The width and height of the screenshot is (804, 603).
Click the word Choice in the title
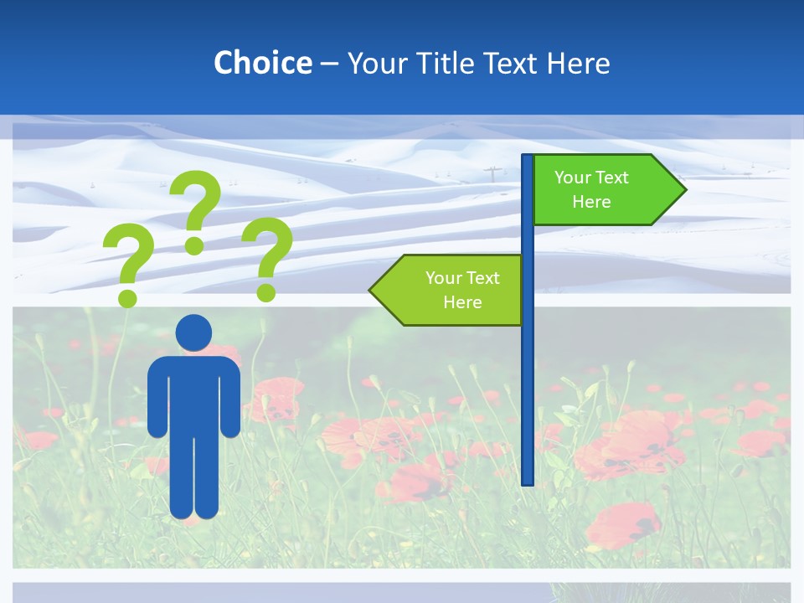tap(262, 63)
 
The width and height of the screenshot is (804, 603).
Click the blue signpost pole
tap(528, 377)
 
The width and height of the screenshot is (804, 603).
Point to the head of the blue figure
tap(193, 332)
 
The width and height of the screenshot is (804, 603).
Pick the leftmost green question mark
tap(128, 264)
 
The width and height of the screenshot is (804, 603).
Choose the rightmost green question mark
tap(267, 255)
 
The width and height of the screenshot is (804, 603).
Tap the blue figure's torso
tap(193, 394)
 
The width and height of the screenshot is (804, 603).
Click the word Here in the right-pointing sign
tap(591, 202)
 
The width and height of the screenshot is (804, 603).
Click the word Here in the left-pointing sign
tap(462, 302)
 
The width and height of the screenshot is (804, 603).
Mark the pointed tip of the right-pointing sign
tap(684, 190)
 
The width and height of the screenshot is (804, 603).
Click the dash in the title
tap(329, 64)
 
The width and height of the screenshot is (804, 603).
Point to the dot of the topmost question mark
tap(194, 246)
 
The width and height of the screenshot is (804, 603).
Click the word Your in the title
tap(374, 63)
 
